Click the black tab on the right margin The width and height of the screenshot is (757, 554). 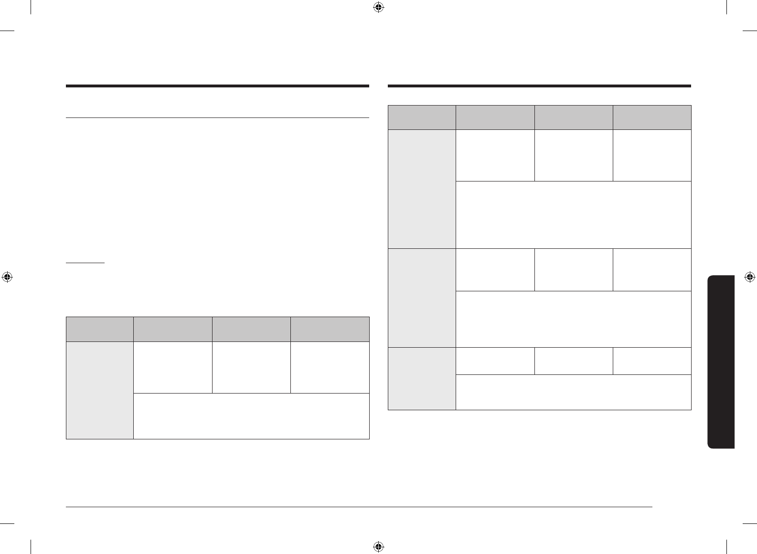721,362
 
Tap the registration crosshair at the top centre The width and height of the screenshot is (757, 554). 378,7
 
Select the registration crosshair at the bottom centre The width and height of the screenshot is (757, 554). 378,546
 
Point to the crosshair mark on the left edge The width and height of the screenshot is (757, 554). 7,277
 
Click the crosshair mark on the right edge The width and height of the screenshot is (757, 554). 749,277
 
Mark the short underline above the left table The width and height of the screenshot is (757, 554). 85,263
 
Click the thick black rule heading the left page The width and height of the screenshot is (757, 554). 217,86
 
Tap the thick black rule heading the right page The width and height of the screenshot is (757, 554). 539,86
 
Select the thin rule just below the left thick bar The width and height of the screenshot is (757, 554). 217,117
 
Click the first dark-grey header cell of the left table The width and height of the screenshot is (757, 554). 99,329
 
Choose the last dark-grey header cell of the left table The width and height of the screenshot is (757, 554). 330,329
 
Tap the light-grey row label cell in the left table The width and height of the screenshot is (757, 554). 99,390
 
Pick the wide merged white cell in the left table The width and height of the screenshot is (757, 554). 251,416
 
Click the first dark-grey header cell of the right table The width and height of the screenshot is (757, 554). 422,117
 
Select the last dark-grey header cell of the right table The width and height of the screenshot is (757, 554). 652,117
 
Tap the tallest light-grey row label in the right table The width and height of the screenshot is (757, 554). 422,189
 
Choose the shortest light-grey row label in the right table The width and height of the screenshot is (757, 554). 422,379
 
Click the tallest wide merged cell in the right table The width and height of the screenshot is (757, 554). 573,215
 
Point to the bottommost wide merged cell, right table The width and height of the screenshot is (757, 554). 573,392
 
